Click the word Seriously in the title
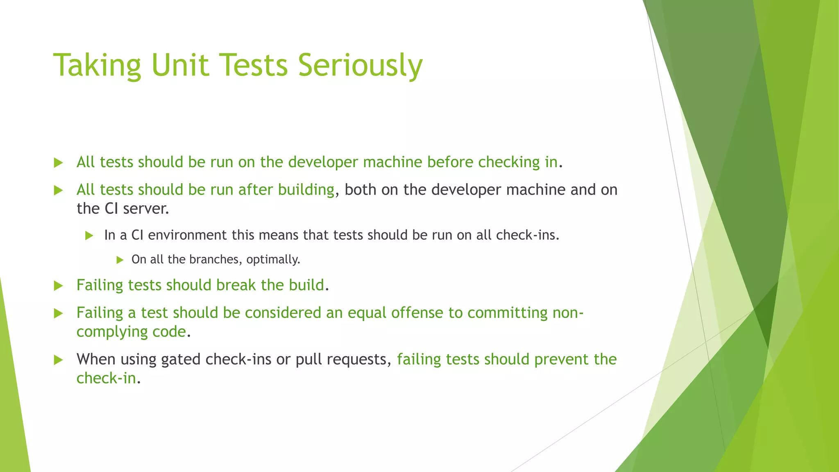click(360, 66)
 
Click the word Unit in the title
click(179, 66)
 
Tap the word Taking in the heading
click(97, 66)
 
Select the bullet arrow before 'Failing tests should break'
click(59, 286)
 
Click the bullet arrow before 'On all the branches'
click(120, 260)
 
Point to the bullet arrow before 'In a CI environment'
click(89, 236)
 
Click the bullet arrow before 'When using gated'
click(59, 360)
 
